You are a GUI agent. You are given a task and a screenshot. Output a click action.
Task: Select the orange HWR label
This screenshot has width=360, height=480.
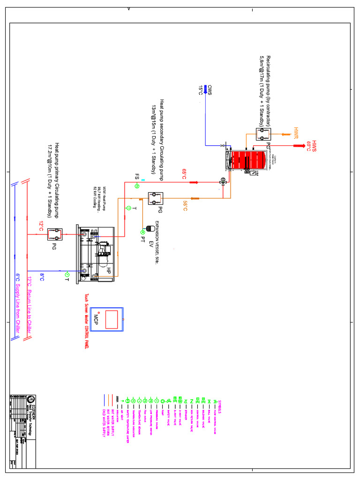(296, 133)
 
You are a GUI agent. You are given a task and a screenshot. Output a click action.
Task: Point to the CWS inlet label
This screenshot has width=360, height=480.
(210, 90)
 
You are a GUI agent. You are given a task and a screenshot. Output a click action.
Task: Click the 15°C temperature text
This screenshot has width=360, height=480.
(201, 91)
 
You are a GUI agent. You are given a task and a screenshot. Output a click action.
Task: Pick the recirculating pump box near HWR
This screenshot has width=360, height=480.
(262, 135)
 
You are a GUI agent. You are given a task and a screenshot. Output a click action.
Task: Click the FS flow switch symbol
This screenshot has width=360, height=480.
(137, 186)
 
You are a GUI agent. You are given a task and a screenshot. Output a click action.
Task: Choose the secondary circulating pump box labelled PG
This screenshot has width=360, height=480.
(153, 198)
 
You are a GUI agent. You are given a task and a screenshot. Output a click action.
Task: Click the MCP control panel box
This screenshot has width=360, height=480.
(108, 319)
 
